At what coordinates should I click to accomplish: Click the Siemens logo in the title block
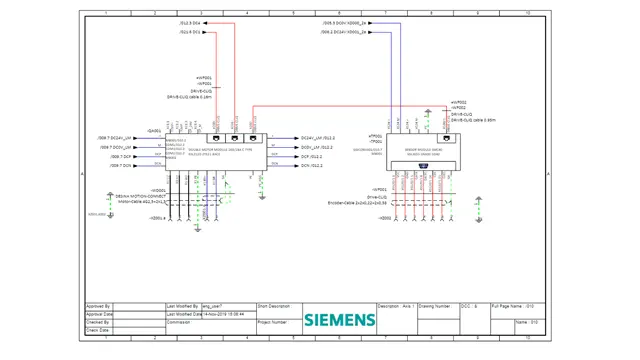coord(340,320)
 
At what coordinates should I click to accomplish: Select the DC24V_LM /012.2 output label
coord(318,138)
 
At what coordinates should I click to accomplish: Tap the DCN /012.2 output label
coord(312,166)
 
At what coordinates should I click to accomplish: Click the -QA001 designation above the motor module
coord(155,131)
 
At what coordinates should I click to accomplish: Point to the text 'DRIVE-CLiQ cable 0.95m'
coord(474,120)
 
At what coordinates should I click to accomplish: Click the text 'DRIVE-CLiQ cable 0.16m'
coord(189,97)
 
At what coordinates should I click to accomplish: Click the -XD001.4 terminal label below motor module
coord(157,219)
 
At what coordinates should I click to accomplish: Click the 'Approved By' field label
coord(99,306)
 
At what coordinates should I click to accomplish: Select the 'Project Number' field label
coord(272,323)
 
